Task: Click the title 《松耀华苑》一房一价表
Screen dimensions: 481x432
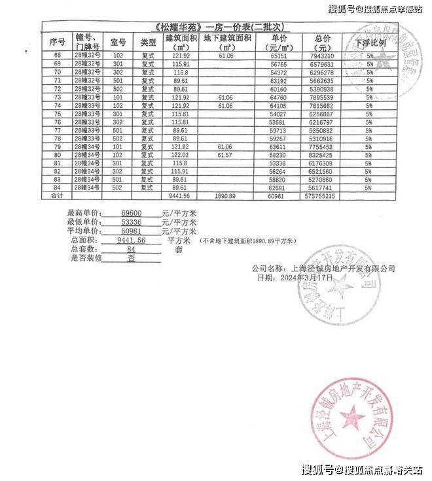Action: [216, 27]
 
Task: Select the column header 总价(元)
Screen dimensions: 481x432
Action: [322, 44]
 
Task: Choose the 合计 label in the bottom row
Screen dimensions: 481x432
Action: [56, 195]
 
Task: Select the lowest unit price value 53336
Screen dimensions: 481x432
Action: [132, 222]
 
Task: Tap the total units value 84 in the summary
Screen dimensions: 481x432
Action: [132, 249]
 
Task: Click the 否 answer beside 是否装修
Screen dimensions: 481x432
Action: [132, 257]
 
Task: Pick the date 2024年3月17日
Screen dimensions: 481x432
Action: [308, 277]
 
